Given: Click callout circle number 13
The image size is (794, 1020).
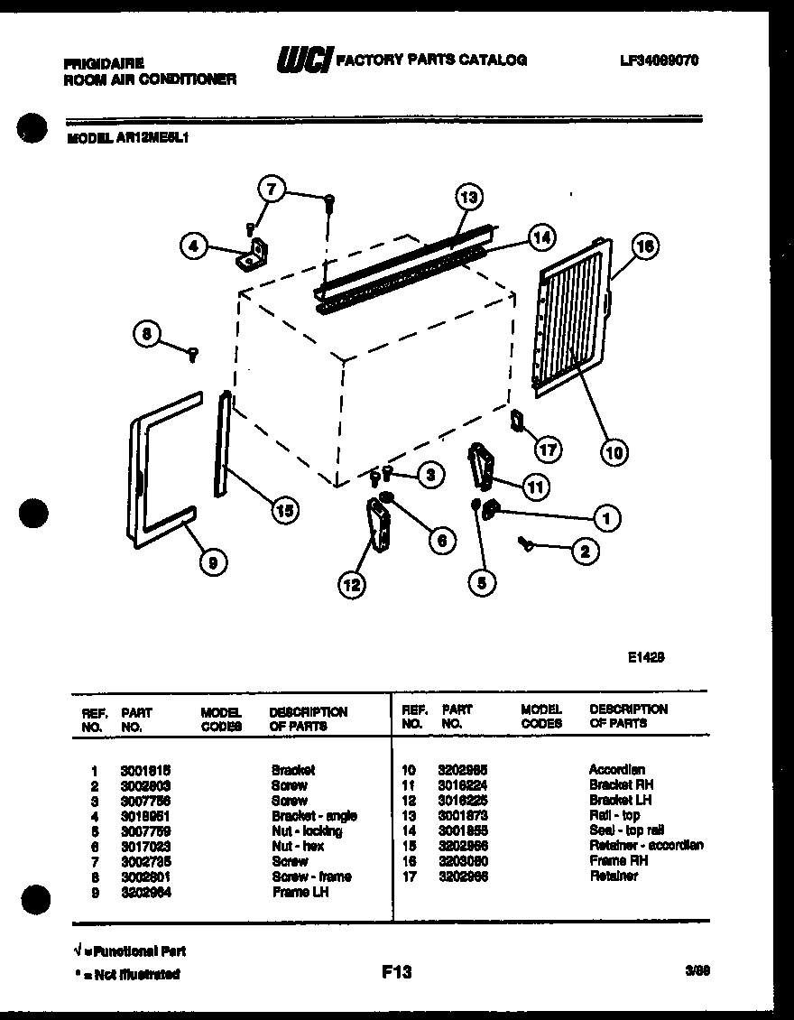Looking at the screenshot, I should [x=467, y=197].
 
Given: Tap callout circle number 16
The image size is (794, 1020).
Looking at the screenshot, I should [x=645, y=246].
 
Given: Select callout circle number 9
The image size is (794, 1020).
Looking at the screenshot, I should [x=212, y=563].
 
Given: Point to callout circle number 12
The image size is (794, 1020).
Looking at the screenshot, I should [x=352, y=586].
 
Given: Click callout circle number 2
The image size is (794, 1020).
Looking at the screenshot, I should [x=585, y=552].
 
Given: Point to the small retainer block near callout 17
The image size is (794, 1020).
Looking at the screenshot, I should [x=517, y=420].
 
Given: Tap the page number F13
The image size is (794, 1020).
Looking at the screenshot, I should [x=396, y=971].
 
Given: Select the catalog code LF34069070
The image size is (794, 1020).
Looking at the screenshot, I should [x=660, y=60].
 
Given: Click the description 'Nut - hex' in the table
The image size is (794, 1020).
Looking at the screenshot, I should [x=297, y=846].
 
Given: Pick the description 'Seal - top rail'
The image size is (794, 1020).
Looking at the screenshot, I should [x=626, y=830].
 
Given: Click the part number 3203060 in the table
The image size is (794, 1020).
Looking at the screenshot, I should [x=463, y=861].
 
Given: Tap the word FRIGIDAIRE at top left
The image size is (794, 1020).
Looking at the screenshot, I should [x=104, y=64].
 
